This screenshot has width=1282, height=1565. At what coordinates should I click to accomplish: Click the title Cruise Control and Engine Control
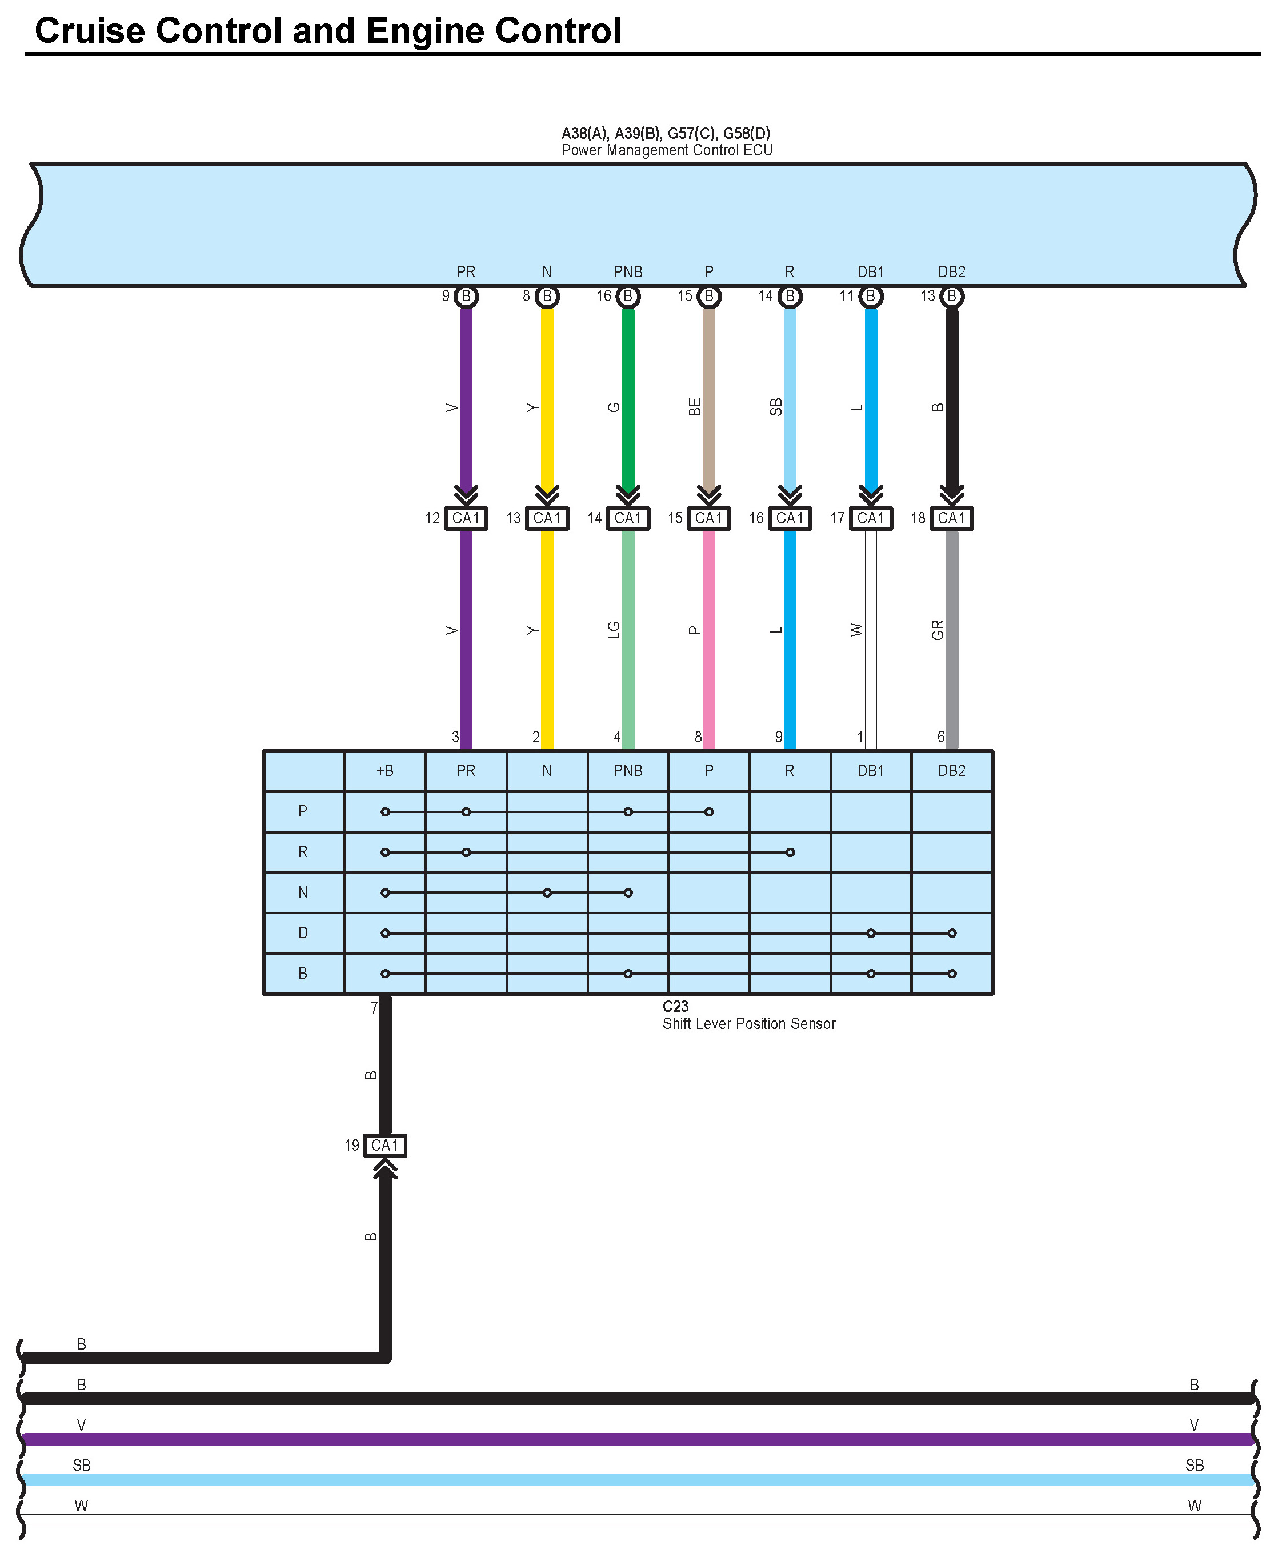[x=328, y=31]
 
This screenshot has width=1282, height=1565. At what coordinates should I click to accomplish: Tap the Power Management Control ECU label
[x=666, y=151]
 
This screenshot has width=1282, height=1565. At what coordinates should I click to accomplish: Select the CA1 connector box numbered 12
[x=466, y=518]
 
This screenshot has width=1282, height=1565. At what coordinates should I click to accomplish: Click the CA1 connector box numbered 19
[x=384, y=1146]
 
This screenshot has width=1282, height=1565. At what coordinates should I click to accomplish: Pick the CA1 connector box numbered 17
[x=871, y=518]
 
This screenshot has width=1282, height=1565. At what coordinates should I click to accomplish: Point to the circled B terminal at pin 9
[x=466, y=296]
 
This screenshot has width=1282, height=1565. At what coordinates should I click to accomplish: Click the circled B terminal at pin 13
[x=952, y=296]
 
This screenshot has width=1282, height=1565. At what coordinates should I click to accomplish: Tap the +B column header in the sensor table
[x=384, y=771]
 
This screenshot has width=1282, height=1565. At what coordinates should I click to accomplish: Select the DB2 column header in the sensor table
[x=952, y=771]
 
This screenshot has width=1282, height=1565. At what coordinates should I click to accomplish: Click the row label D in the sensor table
[x=303, y=934]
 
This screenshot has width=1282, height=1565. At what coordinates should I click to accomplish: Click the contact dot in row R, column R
[x=790, y=852]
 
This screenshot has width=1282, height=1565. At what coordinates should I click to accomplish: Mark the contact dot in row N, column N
[x=547, y=893]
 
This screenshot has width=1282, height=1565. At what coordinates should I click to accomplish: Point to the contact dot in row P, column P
[x=709, y=812]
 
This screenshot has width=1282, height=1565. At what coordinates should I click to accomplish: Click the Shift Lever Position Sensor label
[x=749, y=1024]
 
